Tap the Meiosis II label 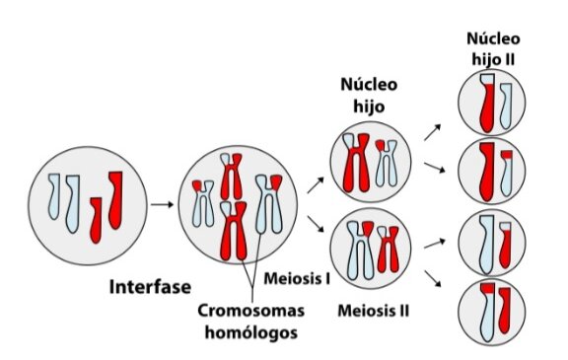pos(372,313)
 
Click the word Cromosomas pos(250,312)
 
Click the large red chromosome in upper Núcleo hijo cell pos(357,163)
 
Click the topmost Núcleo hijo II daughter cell pos(492,106)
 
